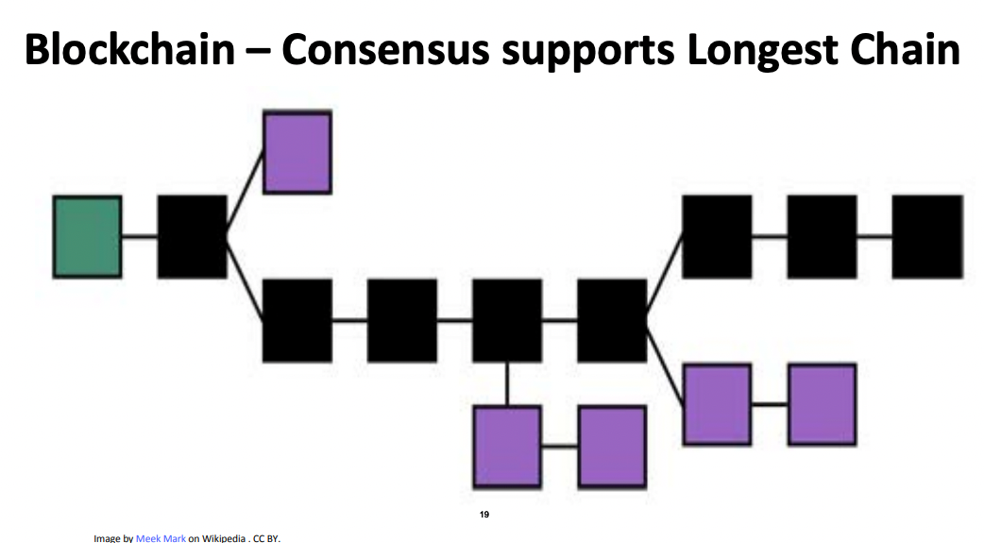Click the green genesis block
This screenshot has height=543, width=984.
(87, 236)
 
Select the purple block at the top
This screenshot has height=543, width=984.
(297, 152)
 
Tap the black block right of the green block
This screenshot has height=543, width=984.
(192, 236)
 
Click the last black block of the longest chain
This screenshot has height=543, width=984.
(926, 236)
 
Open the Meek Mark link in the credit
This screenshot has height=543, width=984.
(161, 538)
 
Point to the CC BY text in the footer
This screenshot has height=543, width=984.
(266, 538)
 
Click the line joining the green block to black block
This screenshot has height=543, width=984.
(139, 236)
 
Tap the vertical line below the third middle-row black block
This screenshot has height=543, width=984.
(507, 383)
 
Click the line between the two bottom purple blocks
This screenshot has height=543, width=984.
(559, 446)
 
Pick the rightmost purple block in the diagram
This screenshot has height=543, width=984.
(822, 403)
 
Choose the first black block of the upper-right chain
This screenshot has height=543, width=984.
(717, 236)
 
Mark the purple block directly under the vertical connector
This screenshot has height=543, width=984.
(507, 446)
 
